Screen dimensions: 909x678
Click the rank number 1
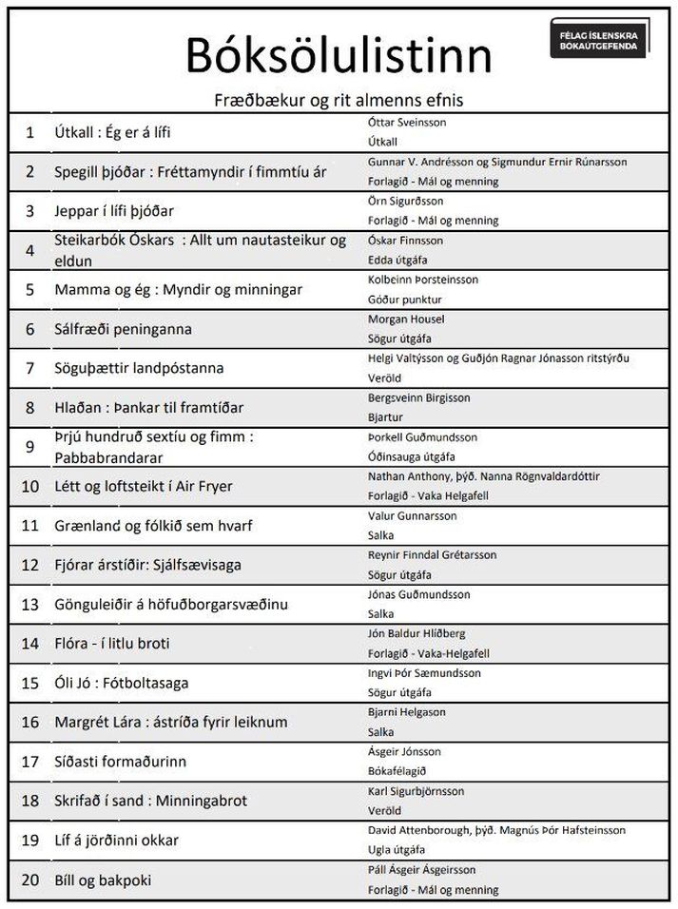click(29, 132)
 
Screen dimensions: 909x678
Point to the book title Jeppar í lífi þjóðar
click(114, 211)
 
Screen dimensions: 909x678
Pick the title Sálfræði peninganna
click(123, 329)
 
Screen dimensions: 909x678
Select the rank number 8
click(29, 408)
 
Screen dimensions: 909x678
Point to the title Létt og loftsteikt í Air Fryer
click(144, 486)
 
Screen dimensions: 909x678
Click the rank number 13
click(29, 604)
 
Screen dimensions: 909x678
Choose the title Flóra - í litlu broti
click(112, 643)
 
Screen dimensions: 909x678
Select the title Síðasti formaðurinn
click(120, 761)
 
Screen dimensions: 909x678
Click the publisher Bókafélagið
click(397, 770)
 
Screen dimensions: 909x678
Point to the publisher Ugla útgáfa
click(396, 849)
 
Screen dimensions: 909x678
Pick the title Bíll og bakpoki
click(103, 880)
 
